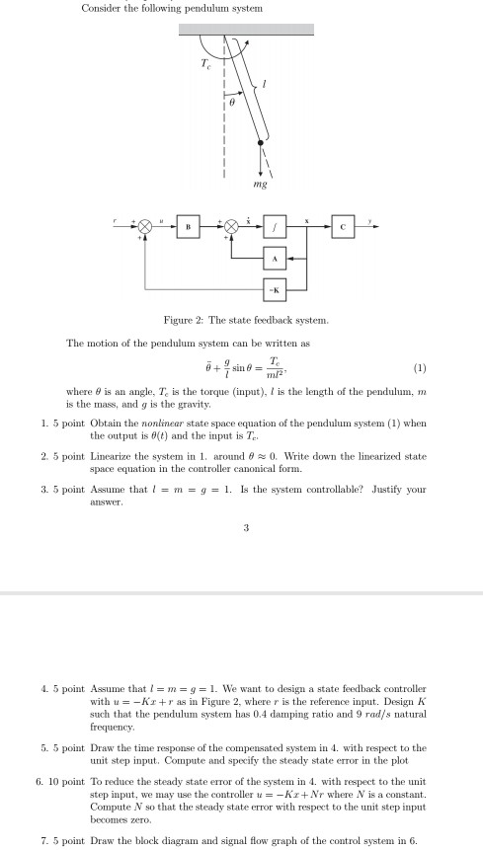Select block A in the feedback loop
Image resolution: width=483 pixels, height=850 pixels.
click(276, 259)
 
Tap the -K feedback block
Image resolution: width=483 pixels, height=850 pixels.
click(276, 289)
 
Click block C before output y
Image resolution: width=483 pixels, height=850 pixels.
click(343, 226)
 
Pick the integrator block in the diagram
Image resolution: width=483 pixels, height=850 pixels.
click(276, 226)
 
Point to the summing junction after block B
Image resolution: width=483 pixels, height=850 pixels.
click(233, 226)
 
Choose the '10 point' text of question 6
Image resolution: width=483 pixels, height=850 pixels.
click(58, 781)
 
